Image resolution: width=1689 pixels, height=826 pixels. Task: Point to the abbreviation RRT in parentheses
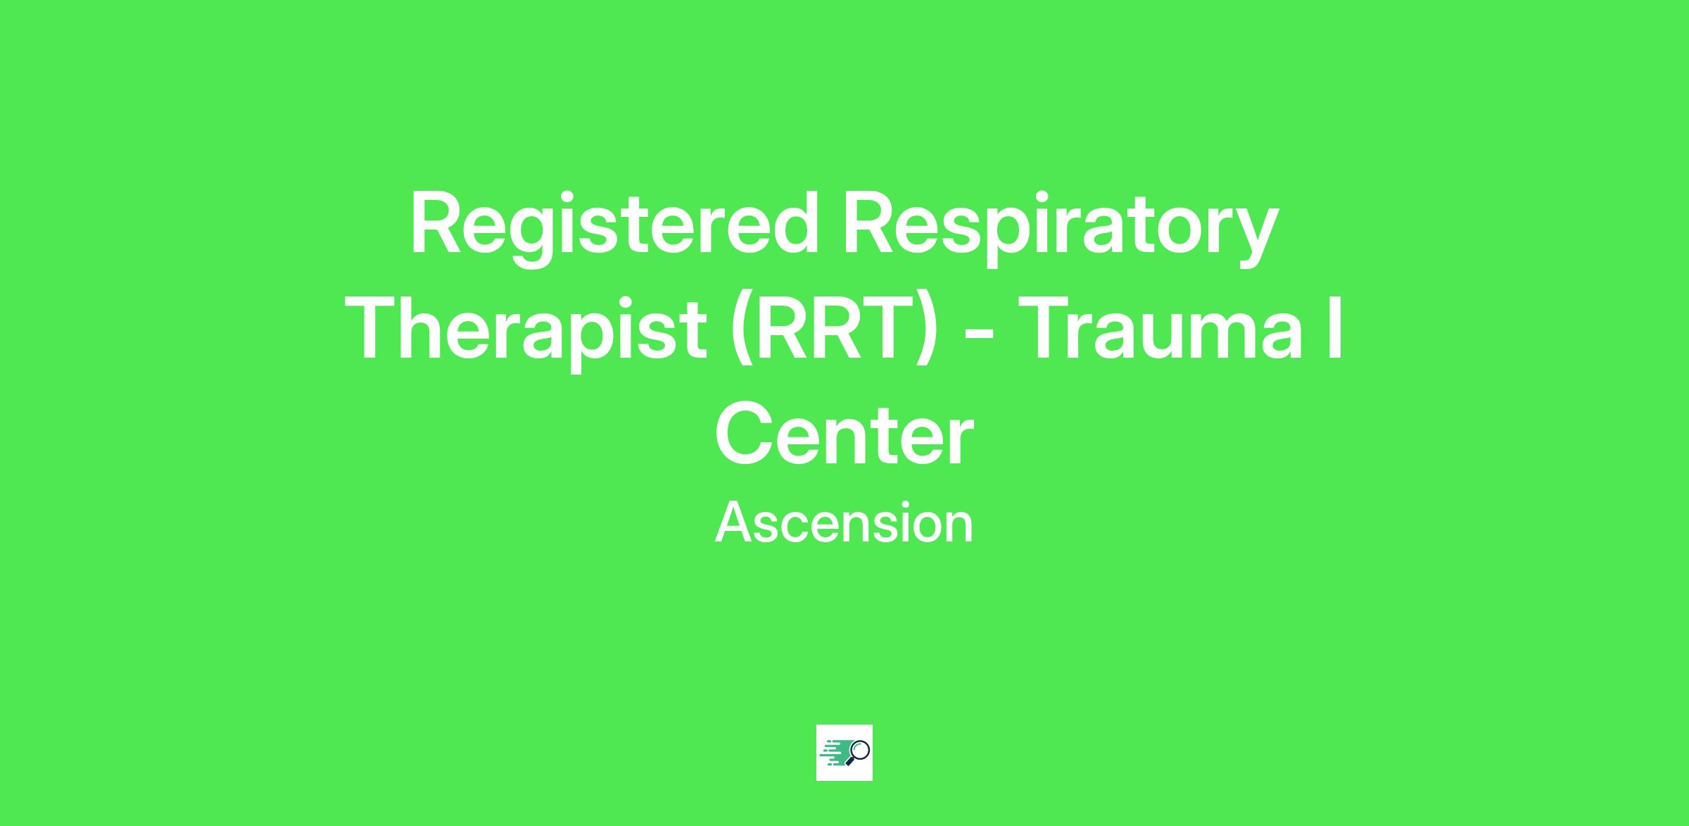835,330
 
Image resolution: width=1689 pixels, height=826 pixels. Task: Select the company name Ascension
844,522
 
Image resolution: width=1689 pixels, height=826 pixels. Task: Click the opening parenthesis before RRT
741,331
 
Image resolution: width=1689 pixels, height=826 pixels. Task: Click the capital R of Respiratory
868,222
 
